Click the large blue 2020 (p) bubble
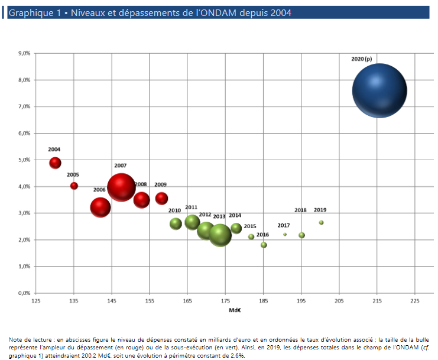[379, 90]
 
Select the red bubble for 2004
[55, 163]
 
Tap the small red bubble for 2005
[74, 186]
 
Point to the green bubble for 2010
[176, 223]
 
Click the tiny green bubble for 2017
[285, 234]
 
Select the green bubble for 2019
[321, 222]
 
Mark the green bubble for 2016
[264, 245]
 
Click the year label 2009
[160, 184]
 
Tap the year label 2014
[235, 215]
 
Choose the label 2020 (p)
[362, 59]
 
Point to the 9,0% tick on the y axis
[24, 53]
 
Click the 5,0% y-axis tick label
[24, 160]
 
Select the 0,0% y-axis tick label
[24, 293]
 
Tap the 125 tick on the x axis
[36, 301]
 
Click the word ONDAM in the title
[218, 12]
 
